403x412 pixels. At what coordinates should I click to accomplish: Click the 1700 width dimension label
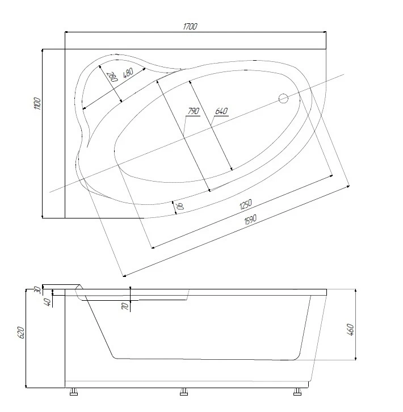[190, 26]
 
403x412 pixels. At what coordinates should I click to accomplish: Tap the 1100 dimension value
[37, 103]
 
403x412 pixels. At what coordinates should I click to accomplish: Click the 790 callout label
[193, 111]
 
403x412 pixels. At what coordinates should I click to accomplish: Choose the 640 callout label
[221, 111]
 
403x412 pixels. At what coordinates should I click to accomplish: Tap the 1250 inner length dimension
[246, 204]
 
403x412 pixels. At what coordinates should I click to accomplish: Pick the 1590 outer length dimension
[250, 220]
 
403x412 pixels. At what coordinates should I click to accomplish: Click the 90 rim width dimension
[180, 206]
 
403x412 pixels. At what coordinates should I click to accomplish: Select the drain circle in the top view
[283, 99]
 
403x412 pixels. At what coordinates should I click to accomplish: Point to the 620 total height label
[21, 333]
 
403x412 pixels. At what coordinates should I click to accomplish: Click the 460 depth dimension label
[350, 330]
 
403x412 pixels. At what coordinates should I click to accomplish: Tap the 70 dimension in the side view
[125, 306]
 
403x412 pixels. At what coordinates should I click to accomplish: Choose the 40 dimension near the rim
[48, 302]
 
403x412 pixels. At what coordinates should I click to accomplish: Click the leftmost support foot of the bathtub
[74, 392]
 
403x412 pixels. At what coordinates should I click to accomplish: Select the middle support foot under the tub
[184, 392]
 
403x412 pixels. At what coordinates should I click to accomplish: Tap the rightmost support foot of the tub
[297, 392]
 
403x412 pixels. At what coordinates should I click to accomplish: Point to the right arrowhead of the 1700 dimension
[325, 32]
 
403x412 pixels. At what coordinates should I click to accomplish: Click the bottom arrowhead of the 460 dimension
[355, 358]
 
